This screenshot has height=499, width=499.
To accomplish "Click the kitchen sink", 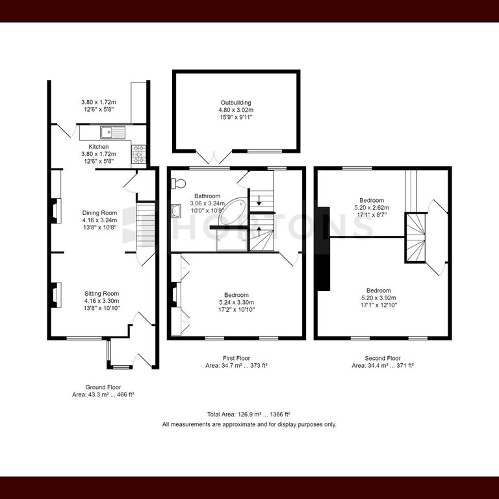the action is coord(113,133).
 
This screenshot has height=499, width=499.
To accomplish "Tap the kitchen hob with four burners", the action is coord(139,155).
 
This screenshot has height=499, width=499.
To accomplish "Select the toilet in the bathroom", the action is coord(179,184).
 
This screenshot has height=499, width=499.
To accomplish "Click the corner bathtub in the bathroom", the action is coord(233,211).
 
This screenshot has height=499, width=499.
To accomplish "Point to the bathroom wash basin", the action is coord(176,211).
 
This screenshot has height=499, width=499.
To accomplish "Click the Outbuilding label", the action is coord(236,103).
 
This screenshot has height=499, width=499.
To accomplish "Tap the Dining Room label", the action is coord(99,213).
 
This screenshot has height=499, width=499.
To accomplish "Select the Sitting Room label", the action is coord(101,294).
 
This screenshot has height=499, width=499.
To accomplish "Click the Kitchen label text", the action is coord(98,147).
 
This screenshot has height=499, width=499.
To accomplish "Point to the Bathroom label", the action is coord(207,196).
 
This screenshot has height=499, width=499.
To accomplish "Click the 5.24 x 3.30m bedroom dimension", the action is coord(236,302).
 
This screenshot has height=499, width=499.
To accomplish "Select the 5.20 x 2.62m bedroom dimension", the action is coord(372,207).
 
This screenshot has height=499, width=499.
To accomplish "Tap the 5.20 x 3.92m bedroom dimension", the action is coord(379,298).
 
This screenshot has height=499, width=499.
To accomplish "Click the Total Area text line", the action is coord(249,415).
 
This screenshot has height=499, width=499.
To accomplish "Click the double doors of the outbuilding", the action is coord(214,157).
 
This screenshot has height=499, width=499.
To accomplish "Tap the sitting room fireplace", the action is coord(55,295).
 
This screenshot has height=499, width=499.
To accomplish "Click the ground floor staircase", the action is coord(146,226).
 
